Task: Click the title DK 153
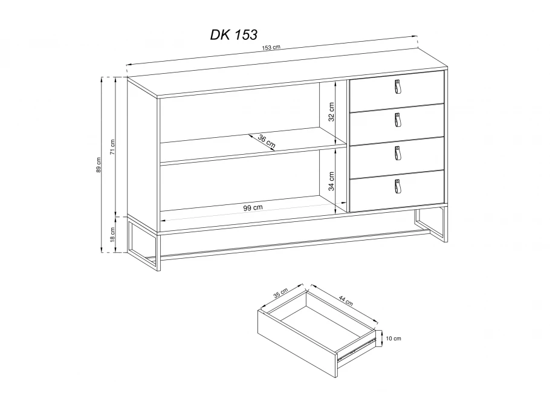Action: [x=234, y=34]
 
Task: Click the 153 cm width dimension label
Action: [x=271, y=47]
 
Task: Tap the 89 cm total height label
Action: [x=99, y=164]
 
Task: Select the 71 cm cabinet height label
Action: [x=112, y=147]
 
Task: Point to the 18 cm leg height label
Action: [x=112, y=235]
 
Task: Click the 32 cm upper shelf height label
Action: [x=331, y=112]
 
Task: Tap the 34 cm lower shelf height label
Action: [x=331, y=181]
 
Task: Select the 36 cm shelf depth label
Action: [x=267, y=141]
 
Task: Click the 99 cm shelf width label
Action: [x=253, y=207]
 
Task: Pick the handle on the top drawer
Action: [x=398, y=86]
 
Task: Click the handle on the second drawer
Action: [x=398, y=120]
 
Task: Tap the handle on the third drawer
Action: [x=398, y=153]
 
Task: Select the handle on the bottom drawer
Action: [x=398, y=186]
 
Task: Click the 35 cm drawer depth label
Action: [x=280, y=293]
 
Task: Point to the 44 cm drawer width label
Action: [x=346, y=300]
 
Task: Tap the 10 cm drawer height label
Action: [x=393, y=339]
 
